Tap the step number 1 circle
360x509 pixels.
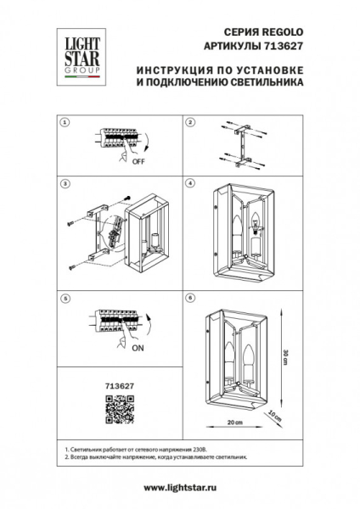click(64, 122)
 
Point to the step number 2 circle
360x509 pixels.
click(191, 122)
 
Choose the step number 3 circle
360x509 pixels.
click(64, 182)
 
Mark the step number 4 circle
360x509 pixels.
click(191, 182)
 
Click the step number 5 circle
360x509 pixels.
click(64, 298)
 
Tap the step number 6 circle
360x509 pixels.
click(191, 298)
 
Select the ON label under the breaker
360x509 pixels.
click(136, 346)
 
